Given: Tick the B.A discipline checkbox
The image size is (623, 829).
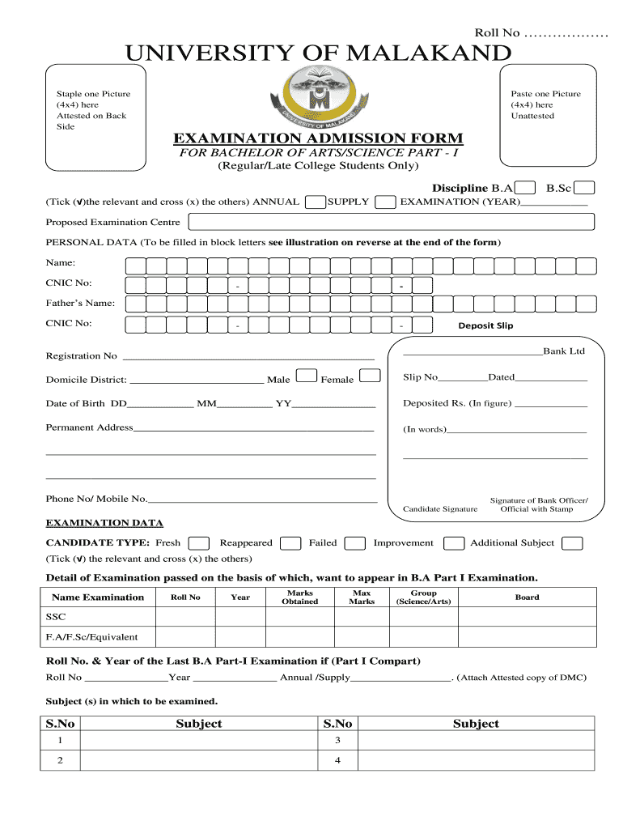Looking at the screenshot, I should [x=525, y=188].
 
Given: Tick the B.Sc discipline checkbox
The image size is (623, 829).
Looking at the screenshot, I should [x=585, y=188].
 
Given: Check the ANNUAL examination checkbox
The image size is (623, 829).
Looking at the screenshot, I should [x=315, y=202].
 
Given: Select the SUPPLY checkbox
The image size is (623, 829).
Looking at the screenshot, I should [x=386, y=202].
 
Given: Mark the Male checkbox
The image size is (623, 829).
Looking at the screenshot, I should [x=307, y=376].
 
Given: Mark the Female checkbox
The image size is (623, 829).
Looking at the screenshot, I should [x=370, y=376].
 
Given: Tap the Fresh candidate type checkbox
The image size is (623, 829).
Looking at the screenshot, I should [x=199, y=543].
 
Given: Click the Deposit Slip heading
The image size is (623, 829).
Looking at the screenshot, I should [x=485, y=325].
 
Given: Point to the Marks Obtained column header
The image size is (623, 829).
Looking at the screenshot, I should [x=299, y=597].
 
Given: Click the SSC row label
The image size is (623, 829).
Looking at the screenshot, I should [x=56, y=617].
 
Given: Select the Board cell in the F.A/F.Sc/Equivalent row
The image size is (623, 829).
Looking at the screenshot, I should [x=527, y=637].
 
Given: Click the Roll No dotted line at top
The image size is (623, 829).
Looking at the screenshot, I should [x=566, y=33].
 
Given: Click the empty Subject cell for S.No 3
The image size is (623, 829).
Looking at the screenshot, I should [x=476, y=741].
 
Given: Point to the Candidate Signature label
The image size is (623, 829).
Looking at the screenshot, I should [x=439, y=509].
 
